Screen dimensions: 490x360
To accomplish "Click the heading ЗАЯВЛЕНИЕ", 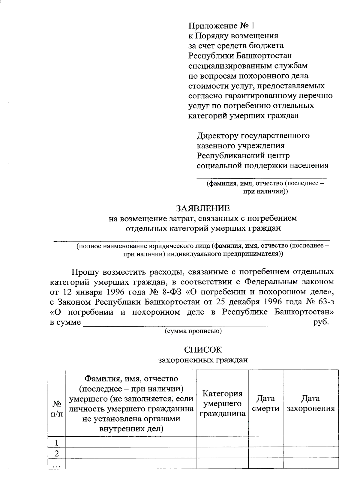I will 202,208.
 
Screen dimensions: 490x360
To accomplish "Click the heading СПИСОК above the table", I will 203,350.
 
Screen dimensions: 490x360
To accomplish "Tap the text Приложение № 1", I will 221,26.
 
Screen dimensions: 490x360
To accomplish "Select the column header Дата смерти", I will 265,403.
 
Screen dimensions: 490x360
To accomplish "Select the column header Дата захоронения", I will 310,403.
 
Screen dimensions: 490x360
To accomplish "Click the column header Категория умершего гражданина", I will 222,403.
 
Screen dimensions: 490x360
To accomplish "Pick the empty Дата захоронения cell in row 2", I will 310,453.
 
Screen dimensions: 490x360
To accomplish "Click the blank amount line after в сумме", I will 196,323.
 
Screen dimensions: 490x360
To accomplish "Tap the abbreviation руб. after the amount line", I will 321,322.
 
